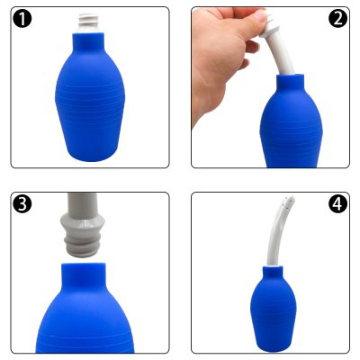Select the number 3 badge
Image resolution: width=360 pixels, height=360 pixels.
(x=24, y=203)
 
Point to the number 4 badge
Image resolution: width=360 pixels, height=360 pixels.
(x=337, y=203)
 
